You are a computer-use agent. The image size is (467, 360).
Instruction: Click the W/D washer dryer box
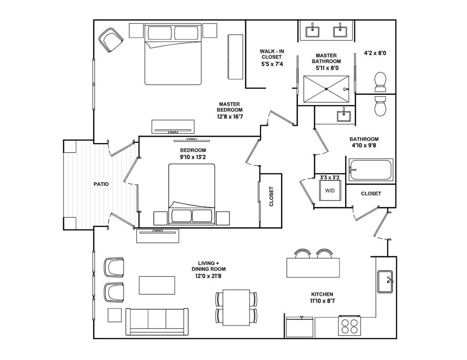[x=329, y=190]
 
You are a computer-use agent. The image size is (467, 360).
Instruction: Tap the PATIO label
[x=101, y=184]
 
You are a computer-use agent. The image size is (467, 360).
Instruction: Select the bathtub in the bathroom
[x=370, y=170]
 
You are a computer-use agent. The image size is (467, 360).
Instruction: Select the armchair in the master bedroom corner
[x=111, y=40]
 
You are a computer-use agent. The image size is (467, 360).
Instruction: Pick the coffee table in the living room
[x=157, y=285]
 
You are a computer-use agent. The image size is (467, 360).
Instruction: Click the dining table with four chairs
[x=236, y=307]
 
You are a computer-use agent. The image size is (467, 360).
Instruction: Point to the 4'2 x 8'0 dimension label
[x=375, y=53]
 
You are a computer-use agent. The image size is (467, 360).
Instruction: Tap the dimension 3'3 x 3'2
[x=329, y=177]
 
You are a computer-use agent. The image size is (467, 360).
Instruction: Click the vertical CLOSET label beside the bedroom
[x=271, y=197]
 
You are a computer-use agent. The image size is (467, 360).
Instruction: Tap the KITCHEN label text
[x=322, y=294]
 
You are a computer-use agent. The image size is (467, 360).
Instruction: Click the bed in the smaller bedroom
[x=192, y=195]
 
